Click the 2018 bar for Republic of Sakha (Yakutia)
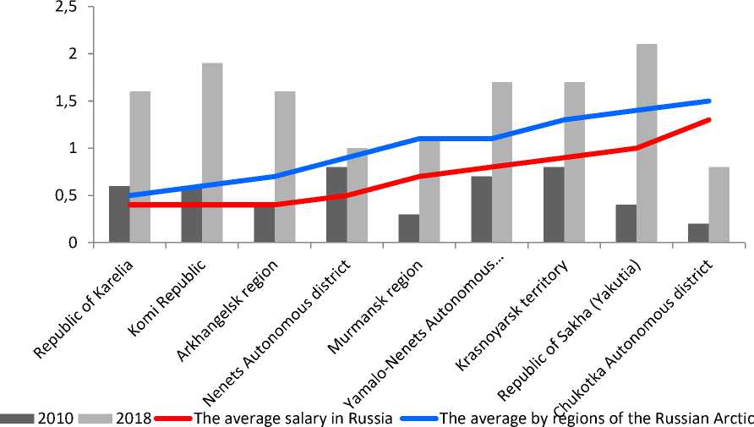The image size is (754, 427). coord(647,144)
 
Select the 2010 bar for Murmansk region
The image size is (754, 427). coord(408,228)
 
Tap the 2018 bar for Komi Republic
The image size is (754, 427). coord(212,152)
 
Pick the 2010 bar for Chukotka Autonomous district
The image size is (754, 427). coord(698,233)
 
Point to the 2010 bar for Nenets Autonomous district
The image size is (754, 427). coord(336,205)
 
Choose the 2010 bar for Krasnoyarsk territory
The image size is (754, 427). coord(553,205)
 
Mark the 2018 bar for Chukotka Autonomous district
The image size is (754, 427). coord(719,205)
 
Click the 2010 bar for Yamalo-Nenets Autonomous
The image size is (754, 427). coord(481,210)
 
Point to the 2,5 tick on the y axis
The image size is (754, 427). coord(65,8)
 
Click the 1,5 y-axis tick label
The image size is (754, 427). coord(65,101)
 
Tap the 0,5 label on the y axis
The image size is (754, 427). coord(65,195)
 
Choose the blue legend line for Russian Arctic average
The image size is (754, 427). coord(418,418)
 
